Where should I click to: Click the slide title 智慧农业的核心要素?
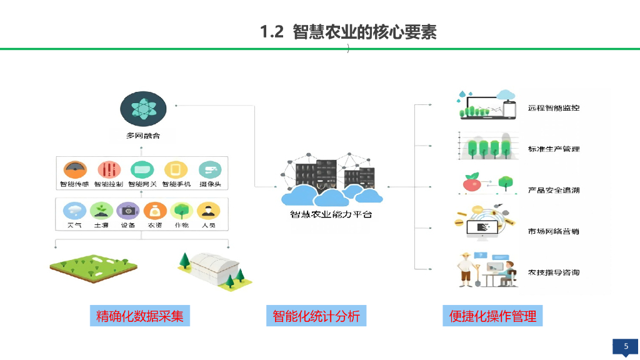[348, 32]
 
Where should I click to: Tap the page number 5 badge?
[626, 347]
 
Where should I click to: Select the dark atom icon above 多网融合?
[142, 109]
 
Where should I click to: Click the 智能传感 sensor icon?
[74, 169]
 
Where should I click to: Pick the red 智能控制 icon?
[108, 169]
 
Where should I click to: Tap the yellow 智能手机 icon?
[176, 169]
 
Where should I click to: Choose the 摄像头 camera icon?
[210, 169]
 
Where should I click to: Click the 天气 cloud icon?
[74, 211]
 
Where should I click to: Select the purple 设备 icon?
[128, 211]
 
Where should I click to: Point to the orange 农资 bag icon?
[154, 211]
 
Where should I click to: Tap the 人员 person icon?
[208, 211]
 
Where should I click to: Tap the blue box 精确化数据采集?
[139, 316]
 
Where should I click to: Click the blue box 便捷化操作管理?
[492, 316]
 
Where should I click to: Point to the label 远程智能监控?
[553, 108]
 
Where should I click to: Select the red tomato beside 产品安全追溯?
[471, 184]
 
